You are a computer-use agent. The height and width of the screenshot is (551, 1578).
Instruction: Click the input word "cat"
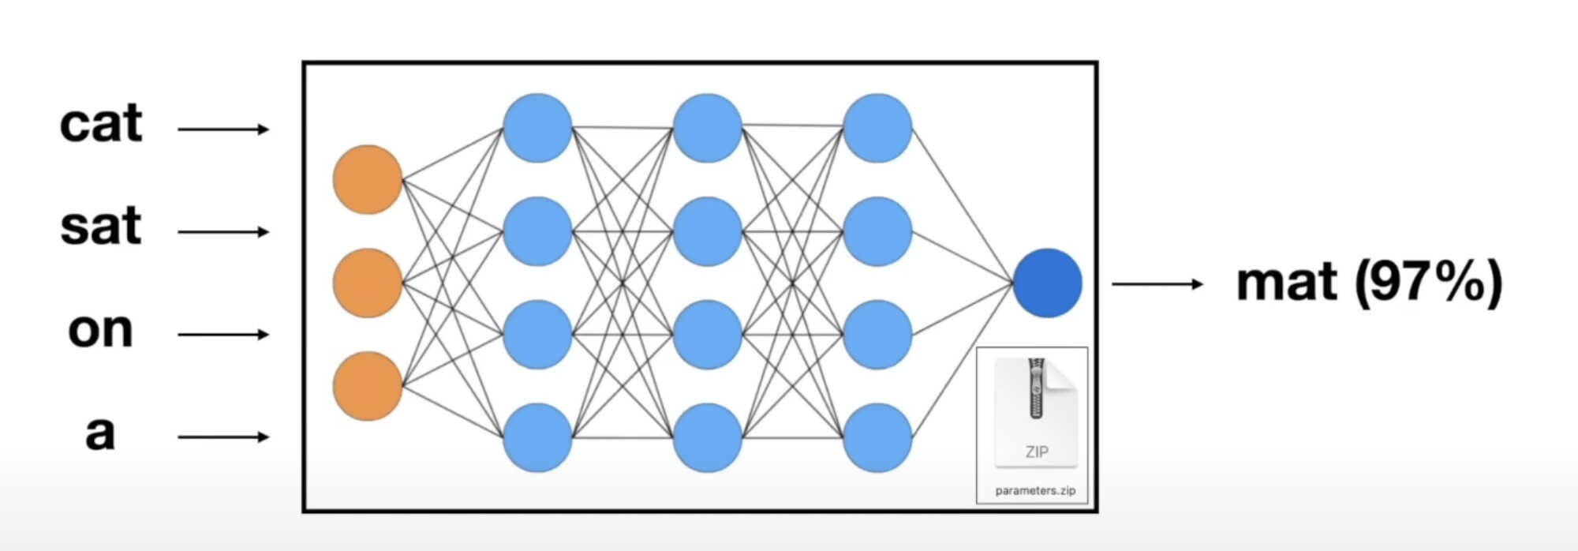[101, 124]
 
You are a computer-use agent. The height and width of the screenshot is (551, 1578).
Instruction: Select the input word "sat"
[101, 227]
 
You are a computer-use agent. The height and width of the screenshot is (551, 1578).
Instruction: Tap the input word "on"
[100, 330]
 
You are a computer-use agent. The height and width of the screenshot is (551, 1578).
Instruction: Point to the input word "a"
[100, 433]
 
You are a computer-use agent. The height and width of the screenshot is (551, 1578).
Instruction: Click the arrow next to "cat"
[223, 129]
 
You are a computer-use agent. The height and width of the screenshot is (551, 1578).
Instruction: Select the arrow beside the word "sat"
[223, 232]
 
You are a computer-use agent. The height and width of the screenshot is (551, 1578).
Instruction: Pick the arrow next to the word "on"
[223, 335]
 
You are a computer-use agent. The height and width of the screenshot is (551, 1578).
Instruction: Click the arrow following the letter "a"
[223, 437]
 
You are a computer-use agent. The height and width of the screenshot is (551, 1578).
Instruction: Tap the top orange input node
[368, 179]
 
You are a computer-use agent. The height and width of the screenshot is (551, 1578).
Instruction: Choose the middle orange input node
[368, 283]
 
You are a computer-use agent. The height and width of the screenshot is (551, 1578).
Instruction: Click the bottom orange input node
[368, 386]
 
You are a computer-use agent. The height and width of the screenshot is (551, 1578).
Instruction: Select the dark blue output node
[1047, 283]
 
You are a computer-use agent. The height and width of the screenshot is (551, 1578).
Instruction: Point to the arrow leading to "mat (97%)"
[1157, 283]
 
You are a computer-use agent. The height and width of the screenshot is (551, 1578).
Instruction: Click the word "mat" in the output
[1287, 283]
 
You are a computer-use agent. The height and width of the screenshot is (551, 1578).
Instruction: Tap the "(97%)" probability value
[1429, 283]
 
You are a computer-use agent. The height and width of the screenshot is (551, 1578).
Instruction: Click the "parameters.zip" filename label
[1035, 490]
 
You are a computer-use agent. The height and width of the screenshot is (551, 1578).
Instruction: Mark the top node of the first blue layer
[537, 128]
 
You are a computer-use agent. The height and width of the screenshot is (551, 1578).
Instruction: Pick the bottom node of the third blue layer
[877, 437]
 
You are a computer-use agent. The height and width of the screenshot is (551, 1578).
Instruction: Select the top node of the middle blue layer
[708, 128]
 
